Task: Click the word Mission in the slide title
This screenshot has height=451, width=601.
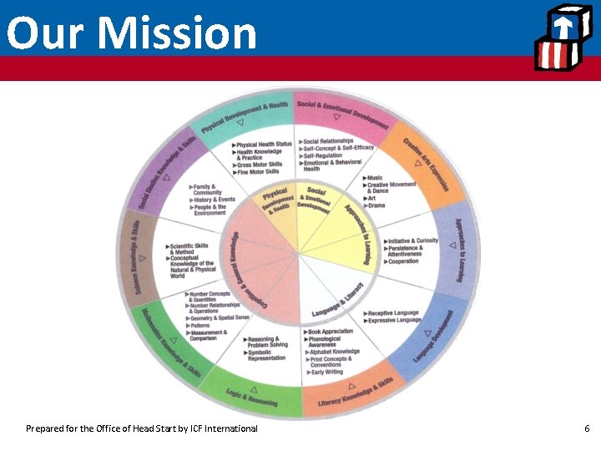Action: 177,33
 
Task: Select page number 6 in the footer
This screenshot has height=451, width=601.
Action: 587,428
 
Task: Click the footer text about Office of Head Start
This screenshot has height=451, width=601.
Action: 142,428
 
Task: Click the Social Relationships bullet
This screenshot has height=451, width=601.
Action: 327,141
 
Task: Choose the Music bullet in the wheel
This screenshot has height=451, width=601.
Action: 374,178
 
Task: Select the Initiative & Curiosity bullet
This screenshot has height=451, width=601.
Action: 412,241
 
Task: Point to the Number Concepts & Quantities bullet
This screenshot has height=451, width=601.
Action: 209,296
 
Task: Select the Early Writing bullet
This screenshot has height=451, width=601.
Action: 326,372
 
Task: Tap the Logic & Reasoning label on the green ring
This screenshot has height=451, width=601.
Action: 252,399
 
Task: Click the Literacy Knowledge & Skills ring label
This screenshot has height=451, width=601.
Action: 356,393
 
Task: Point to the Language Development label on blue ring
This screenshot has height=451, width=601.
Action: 439,335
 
